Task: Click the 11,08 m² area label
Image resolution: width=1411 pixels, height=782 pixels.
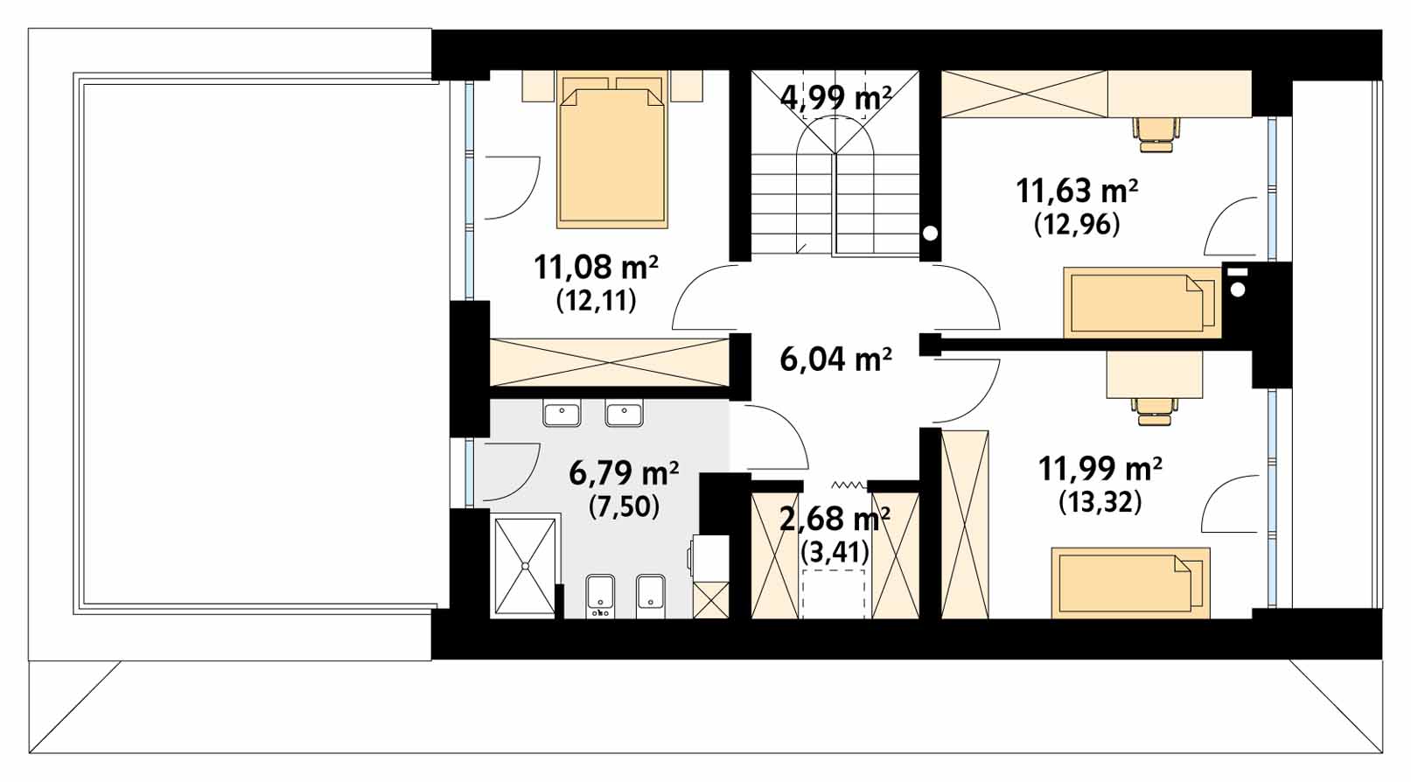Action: click(596, 266)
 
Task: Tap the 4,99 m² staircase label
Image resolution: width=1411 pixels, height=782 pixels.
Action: click(836, 98)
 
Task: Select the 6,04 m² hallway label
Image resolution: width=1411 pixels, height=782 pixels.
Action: click(836, 360)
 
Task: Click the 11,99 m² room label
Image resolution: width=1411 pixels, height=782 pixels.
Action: click(1100, 469)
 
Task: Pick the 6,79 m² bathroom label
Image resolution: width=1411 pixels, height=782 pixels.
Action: click(624, 473)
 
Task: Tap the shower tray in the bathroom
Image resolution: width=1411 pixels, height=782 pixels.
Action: click(527, 566)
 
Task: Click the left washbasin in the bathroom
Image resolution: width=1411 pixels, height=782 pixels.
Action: click(562, 415)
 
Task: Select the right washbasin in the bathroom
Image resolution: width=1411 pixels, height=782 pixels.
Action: click(624, 415)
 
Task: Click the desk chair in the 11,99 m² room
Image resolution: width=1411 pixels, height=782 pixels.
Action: click(1154, 410)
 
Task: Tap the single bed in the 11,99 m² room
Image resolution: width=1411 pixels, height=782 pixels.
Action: click(1131, 583)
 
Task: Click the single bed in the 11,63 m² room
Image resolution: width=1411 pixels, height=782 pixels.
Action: click(1142, 303)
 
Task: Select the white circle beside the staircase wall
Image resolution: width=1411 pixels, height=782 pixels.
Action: click(930, 234)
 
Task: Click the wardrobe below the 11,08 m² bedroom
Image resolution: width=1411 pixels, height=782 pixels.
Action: click(610, 362)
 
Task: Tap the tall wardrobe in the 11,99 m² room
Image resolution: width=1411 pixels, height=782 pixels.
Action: click(964, 524)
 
